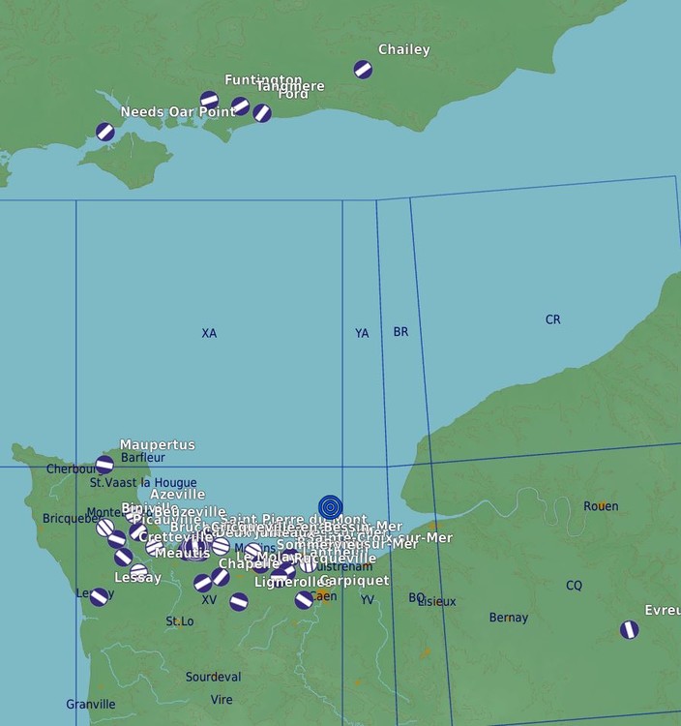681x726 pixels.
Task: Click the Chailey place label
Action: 404,49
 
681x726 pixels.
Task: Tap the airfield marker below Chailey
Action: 363,70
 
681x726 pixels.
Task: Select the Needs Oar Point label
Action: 178,112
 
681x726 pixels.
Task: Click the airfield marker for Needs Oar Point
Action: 105,132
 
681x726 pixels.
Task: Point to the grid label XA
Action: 209,333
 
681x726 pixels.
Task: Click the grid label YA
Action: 362,333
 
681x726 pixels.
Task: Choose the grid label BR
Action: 400,332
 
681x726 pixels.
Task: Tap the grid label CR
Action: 552,319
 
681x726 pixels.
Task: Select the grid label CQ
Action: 574,585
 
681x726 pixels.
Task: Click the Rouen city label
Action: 601,506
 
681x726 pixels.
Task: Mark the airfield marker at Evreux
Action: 630,629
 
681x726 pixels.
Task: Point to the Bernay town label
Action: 509,618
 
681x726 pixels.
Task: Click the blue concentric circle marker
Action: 330,506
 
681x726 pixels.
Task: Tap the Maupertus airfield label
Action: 157,445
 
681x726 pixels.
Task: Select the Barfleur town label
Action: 143,458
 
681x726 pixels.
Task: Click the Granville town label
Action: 91,705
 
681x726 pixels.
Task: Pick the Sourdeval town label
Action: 214,677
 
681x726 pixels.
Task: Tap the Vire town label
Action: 222,699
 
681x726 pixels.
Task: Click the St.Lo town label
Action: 180,620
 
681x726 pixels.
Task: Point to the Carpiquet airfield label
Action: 354,581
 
